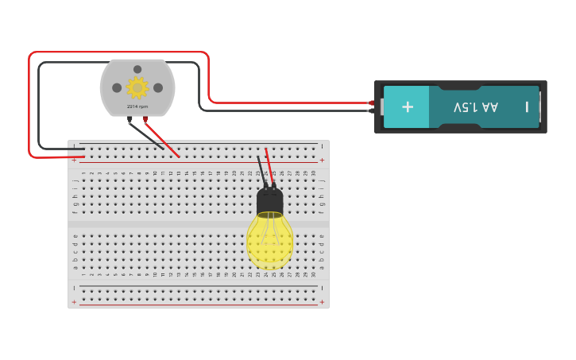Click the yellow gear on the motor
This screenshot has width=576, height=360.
[137, 87]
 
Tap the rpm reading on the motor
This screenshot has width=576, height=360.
[137, 106]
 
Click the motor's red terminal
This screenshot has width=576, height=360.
[145, 119]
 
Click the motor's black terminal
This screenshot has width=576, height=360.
[130, 119]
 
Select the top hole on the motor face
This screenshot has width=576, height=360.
[137, 69]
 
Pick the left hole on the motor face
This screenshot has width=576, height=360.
[117, 87]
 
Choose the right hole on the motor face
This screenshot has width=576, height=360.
[158, 87]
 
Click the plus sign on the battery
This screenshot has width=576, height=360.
[408, 106]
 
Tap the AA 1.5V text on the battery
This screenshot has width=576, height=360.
[476, 106]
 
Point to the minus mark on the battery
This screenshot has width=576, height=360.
[526, 106]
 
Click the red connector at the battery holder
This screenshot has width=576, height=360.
[371, 103]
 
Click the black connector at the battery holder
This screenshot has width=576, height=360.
[371, 110]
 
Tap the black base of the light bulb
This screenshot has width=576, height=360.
[270, 202]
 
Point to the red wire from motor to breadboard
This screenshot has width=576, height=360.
[162, 139]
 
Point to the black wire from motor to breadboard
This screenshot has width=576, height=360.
[147, 135]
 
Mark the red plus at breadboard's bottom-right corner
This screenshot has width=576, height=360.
[322, 302]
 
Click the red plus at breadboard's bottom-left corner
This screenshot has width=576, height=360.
[75, 302]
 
